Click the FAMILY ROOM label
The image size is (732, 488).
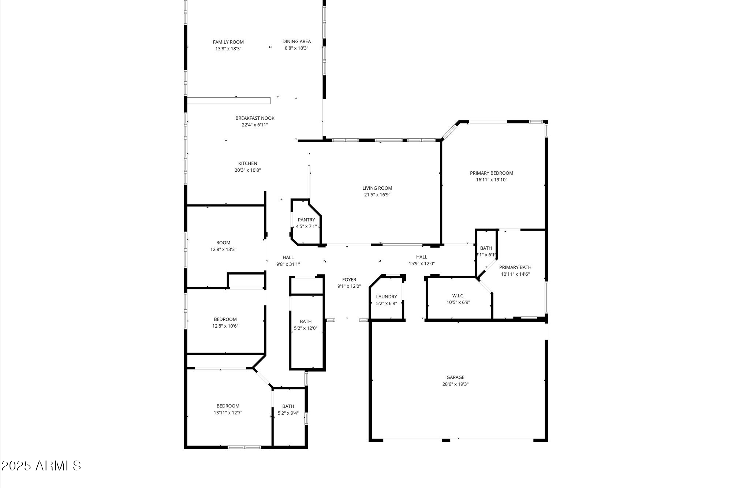click(x=228, y=42)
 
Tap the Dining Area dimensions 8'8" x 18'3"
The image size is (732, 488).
click(x=296, y=48)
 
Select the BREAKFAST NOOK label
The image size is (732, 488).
click(x=255, y=118)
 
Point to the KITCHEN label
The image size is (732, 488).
click(x=248, y=163)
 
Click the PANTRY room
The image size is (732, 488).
click(x=306, y=223)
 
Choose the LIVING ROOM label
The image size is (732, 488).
click(x=377, y=188)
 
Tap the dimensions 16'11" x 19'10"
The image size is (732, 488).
click(x=492, y=180)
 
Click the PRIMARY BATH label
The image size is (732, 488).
click(x=515, y=267)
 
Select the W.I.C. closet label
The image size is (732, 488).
click(x=458, y=295)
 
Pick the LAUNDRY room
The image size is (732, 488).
click(x=386, y=299)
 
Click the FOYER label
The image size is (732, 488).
click(x=349, y=280)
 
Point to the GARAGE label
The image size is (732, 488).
click(x=455, y=377)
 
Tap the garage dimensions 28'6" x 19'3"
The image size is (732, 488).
click(x=455, y=384)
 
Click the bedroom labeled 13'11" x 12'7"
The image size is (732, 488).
click(x=228, y=409)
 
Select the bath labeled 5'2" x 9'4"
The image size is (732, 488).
click(x=288, y=409)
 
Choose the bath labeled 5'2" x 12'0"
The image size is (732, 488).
click(x=306, y=325)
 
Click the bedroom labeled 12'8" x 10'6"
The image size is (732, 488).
click(x=225, y=323)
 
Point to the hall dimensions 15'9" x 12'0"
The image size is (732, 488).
click(x=422, y=264)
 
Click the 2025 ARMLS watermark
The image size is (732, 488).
click(x=41, y=466)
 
